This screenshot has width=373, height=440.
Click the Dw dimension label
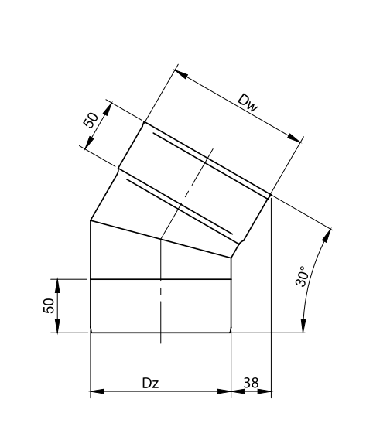tap(247, 104)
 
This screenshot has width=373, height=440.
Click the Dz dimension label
tap(151, 383)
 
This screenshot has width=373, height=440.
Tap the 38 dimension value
tap(251, 383)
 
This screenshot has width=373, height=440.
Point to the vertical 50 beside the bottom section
tap(49, 305)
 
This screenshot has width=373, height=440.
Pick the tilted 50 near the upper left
tap(91, 120)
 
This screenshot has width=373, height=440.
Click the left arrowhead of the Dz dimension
tap(97, 391)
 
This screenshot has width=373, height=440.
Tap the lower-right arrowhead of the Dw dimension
tap(294, 138)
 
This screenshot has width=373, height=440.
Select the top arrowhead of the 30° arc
tap(327, 236)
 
